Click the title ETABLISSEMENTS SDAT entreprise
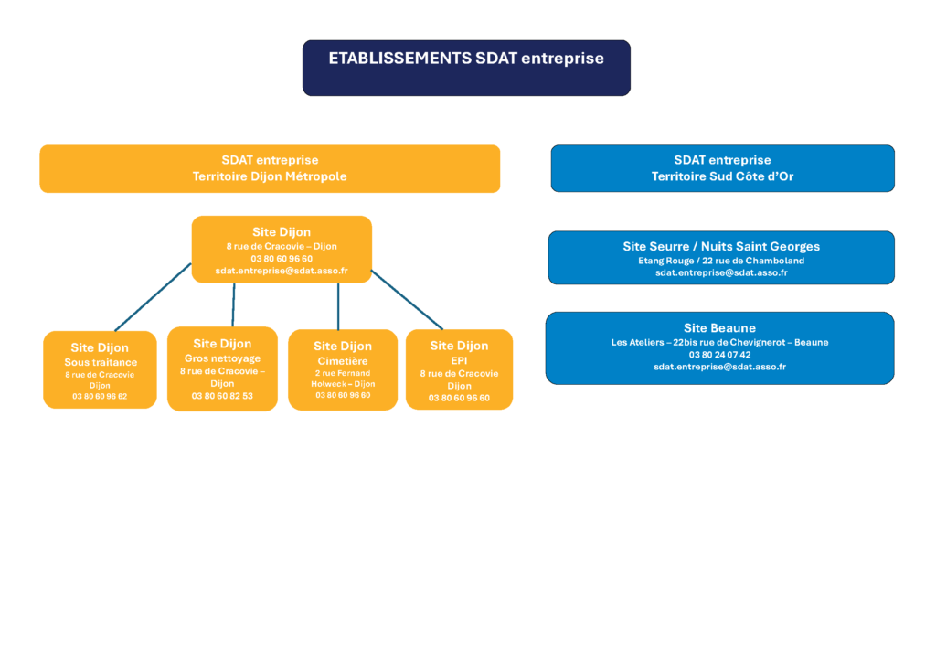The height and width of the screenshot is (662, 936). tap(466, 59)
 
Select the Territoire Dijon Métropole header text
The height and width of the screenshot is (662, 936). tap(270, 176)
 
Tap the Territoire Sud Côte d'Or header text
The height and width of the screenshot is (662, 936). tap(722, 176)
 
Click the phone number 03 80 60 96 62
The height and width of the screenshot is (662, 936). tap(100, 397)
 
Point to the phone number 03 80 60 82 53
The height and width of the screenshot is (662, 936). tap(222, 396)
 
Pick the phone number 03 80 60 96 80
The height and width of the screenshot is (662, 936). tap(343, 395)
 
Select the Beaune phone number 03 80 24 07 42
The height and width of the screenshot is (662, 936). tap(719, 355)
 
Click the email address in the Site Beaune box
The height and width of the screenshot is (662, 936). tap(719, 367)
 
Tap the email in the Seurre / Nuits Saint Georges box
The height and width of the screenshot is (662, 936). tap(721, 272)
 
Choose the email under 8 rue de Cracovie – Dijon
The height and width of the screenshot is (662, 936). tap(282, 271)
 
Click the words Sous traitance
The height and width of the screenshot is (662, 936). tap(101, 362)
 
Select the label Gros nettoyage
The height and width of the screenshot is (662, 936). tap(222, 358)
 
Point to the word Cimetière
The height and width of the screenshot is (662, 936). tap(343, 361)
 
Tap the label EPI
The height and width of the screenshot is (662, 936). tap(459, 360)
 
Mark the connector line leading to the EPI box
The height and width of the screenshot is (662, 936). tap(407, 299)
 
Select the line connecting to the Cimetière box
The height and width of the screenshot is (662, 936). tap(338, 306)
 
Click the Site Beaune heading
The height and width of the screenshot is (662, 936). tap(719, 327)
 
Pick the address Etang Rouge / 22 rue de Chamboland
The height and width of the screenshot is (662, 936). tap(721, 261)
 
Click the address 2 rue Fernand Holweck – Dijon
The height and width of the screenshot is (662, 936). tap(343, 379)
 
